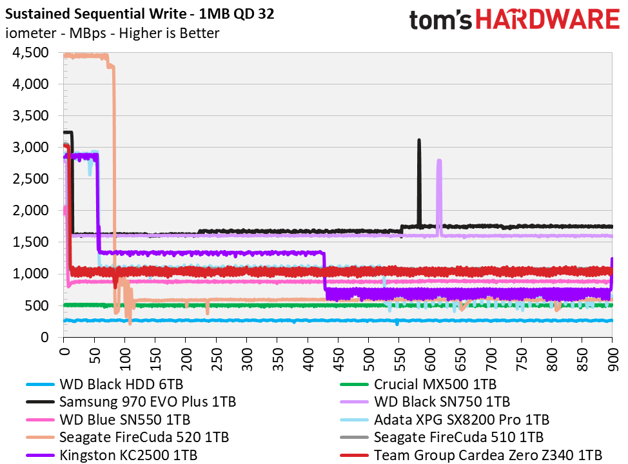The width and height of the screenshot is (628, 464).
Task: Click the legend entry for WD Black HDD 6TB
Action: (104, 384)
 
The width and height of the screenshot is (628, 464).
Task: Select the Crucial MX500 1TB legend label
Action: (418, 384)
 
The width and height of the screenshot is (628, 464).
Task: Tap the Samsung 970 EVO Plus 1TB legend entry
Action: (131, 401)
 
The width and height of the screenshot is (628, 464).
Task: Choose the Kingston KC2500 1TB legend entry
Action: (112, 455)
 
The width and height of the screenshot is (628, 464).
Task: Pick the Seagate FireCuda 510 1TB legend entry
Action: (442, 437)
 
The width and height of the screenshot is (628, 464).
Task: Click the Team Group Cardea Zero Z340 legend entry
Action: (471, 455)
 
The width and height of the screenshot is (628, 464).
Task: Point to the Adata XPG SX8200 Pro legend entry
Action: (445, 420)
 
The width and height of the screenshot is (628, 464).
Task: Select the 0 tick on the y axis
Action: (44, 337)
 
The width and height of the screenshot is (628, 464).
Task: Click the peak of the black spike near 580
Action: (419, 140)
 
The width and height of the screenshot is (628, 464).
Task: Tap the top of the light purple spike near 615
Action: (439, 160)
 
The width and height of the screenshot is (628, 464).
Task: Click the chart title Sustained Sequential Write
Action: (95, 14)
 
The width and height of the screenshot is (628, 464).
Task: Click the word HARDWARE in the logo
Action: (548, 19)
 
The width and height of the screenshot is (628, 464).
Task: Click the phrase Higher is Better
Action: (169, 33)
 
